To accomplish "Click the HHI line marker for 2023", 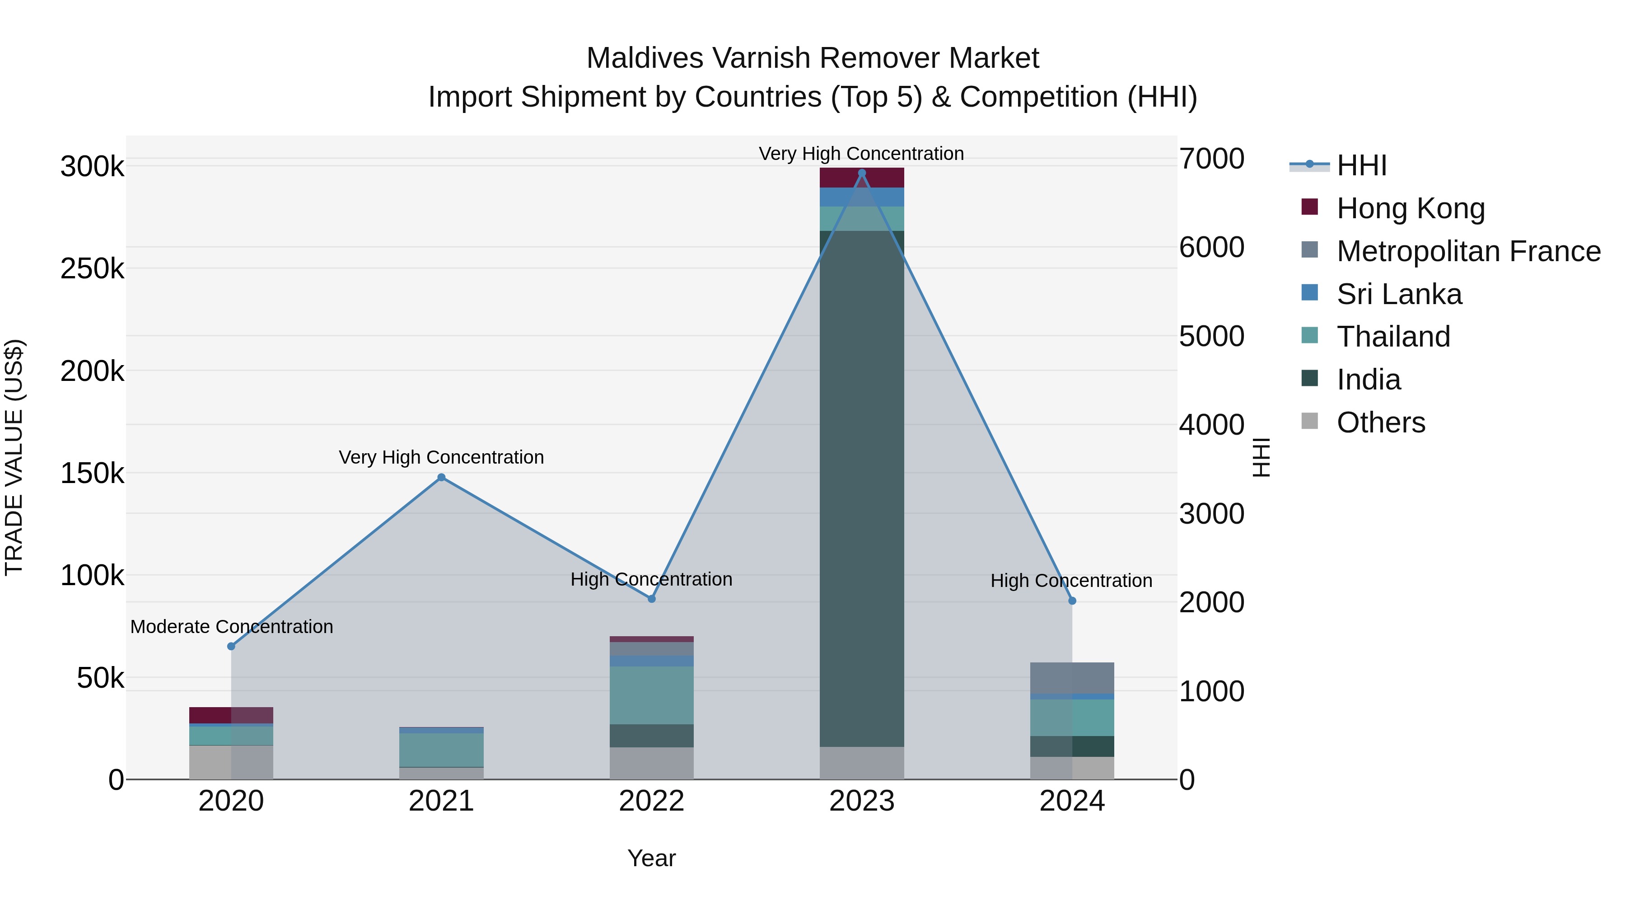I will (x=862, y=173).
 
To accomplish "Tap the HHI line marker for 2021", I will (x=441, y=478).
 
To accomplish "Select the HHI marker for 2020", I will (x=231, y=646).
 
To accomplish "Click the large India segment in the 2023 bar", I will (x=862, y=486).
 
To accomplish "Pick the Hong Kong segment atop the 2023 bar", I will (x=862, y=178).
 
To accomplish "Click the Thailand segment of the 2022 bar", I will (x=651, y=694).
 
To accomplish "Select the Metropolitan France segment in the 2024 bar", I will (x=1072, y=678).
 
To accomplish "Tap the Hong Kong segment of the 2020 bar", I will (x=231, y=715).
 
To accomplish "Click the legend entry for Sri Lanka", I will (x=1399, y=294).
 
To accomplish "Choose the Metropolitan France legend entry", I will (x=1468, y=251).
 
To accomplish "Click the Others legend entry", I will (x=1380, y=422).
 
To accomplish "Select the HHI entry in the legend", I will (x=1361, y=165).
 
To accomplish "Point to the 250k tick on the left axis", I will (x=92, y=269).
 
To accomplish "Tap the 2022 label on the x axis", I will (x=651, y=801).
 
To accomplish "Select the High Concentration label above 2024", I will (x=1071, y=580).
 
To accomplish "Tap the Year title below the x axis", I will (x=651, y=858).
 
